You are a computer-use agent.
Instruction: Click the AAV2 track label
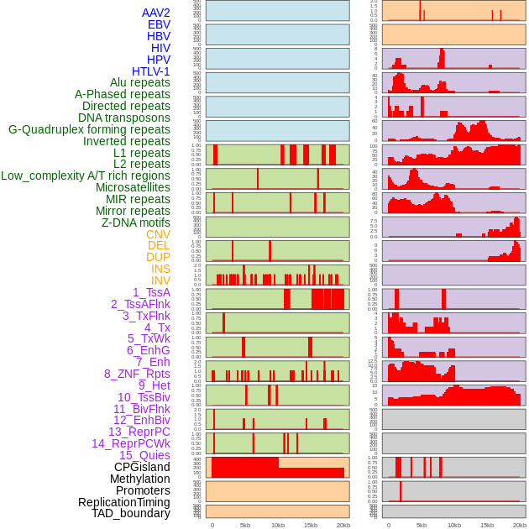tap(156, 13)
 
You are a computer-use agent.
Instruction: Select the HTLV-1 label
tap(151, 71)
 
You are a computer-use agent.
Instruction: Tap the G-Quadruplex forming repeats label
tap(89, 129)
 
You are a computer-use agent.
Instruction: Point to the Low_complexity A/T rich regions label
tap(86, 175)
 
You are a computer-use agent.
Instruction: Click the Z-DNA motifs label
tap(136, 223)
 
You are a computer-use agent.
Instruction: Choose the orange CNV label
tap(158, 234)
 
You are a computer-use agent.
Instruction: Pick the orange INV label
tap(160, 280)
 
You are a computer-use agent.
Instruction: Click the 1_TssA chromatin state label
tap(151, 292)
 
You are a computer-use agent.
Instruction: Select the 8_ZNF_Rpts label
tap(137, 374)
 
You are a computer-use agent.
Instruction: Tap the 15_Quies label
tap(144, 455)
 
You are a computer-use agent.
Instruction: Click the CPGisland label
tap(142, 467)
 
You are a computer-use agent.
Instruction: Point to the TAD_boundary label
tap(131, 513)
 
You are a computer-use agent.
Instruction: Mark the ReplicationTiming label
tap(124, 502)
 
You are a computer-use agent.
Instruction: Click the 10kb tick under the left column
tap(278, 525)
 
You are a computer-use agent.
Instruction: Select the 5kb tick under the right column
tap(422, 525)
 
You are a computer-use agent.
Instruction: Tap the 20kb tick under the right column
tap(520, 525)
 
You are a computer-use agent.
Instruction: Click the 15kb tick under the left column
tap(311, 525)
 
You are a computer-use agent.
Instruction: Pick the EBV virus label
tap(159, 24)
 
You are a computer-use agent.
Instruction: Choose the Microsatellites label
tap(133, 187)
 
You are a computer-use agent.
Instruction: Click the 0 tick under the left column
tap(212, 525)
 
